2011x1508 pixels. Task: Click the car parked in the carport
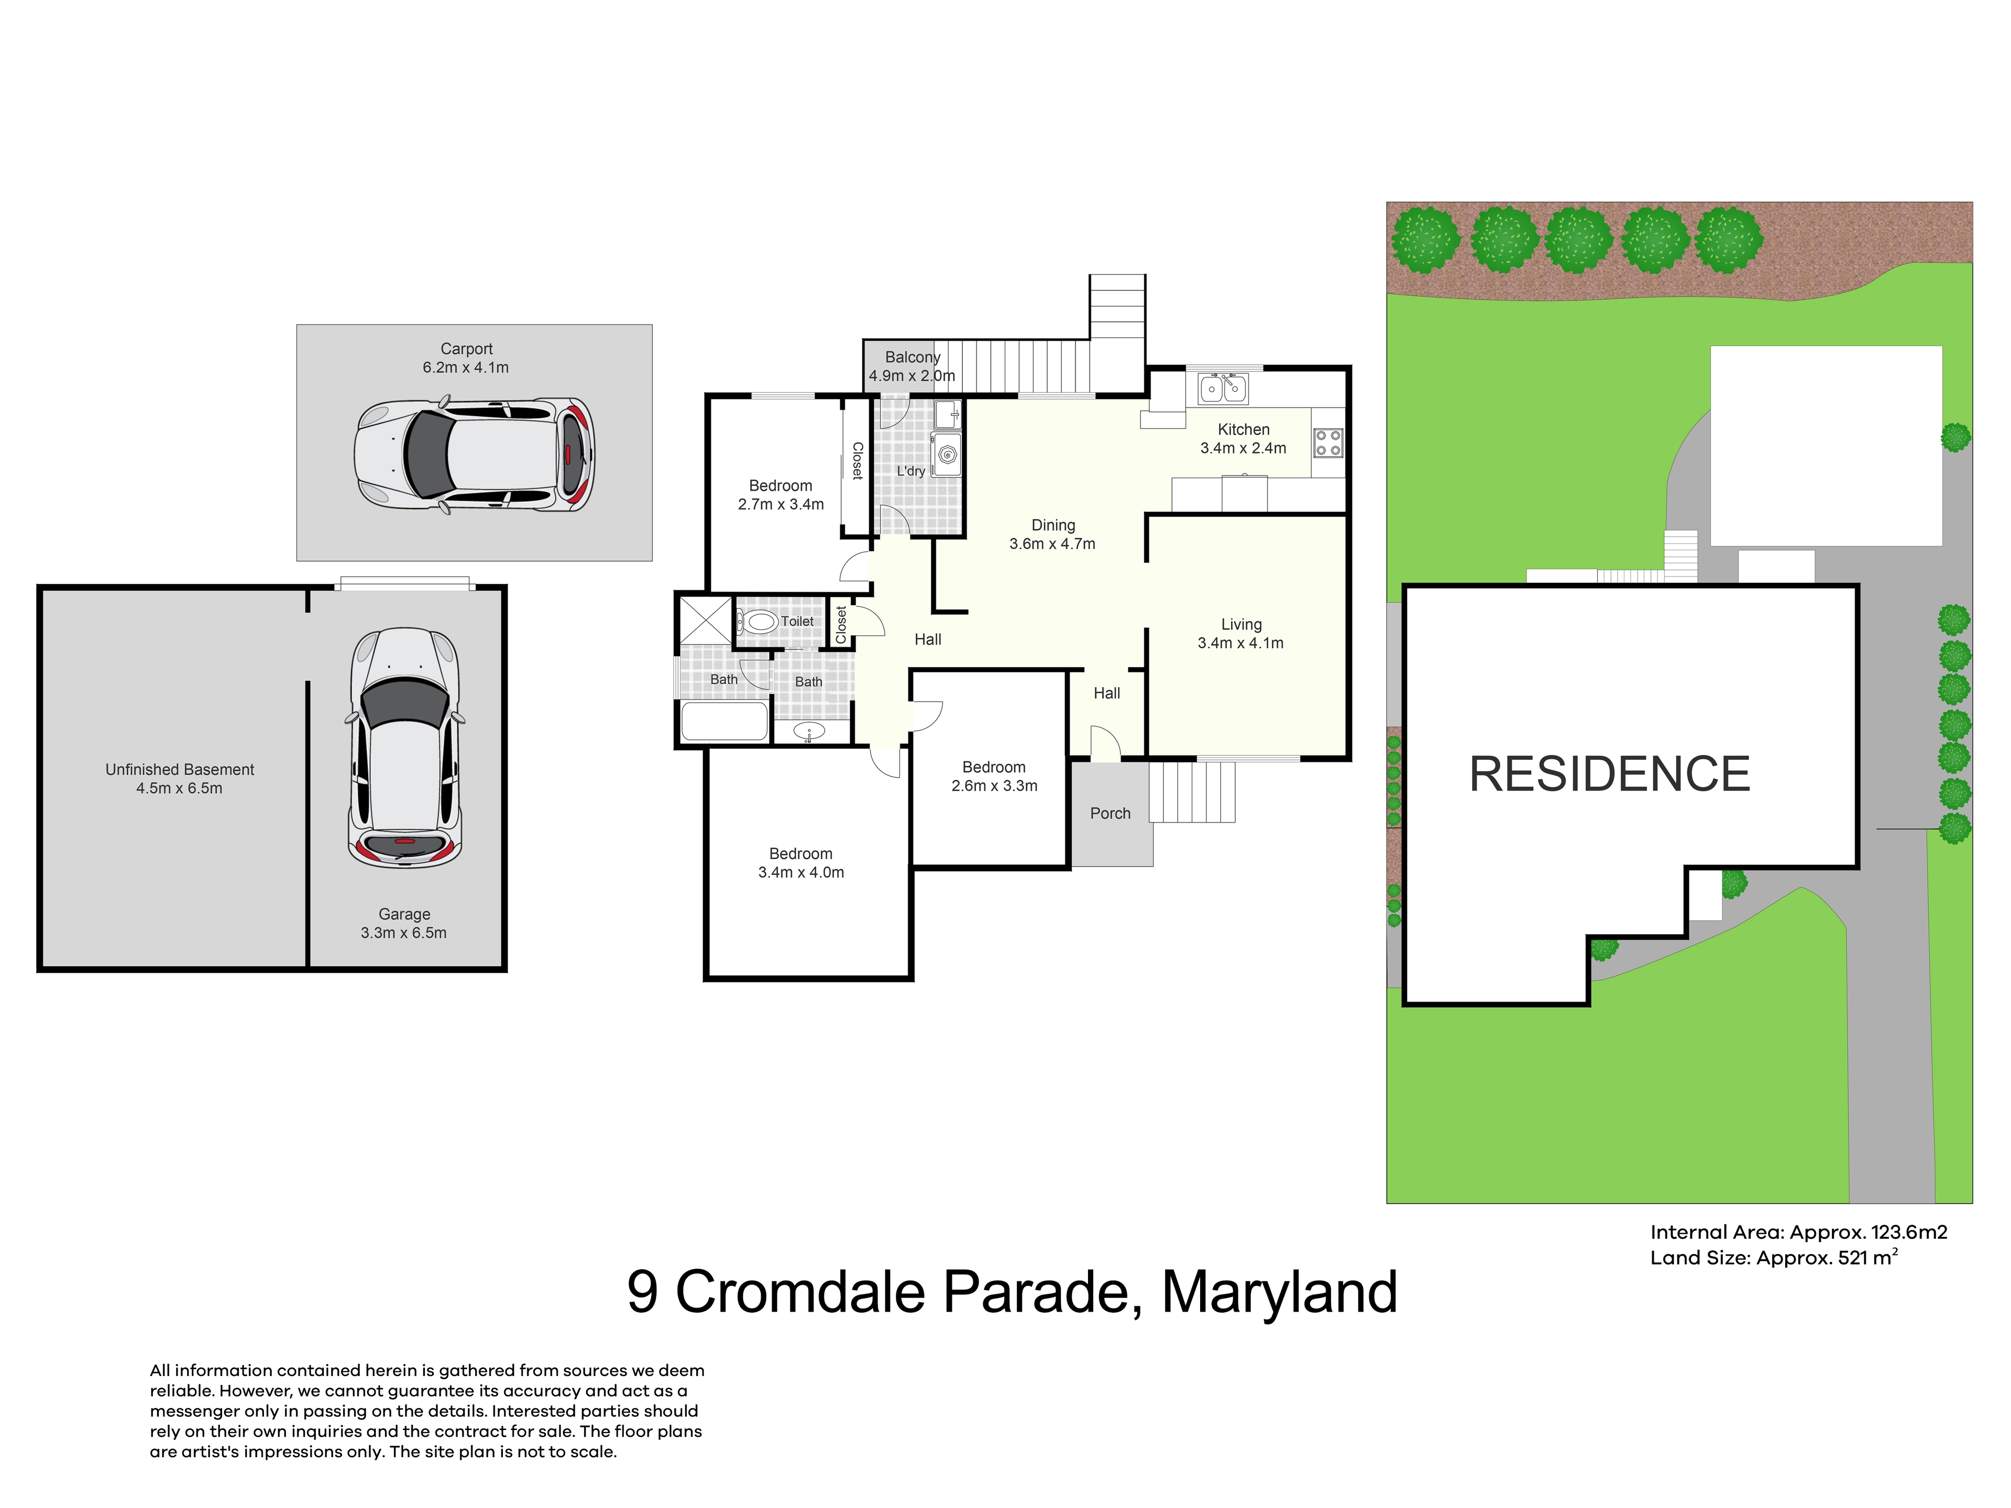pos(474,454)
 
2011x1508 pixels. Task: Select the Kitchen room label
pos(1244,429)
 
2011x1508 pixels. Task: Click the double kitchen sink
pos(1223,388)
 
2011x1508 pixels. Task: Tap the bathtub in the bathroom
pos(724,722)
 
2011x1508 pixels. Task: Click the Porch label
pos(1110,814)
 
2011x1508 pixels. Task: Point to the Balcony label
pos(913,357)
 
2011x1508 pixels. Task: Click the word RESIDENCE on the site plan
pos(1609,774)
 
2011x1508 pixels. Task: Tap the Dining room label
pos(1053,525)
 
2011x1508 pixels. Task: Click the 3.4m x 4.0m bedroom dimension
pos(801,873)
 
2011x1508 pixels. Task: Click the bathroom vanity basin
pos(808,731)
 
